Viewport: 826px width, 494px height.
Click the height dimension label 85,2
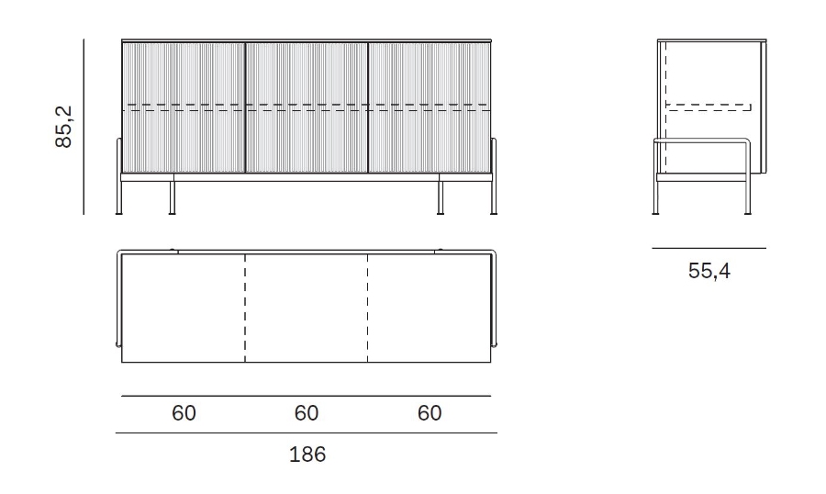[63, 127]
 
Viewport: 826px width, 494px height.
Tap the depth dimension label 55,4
[709, 271]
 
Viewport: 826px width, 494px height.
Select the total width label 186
[307, 455]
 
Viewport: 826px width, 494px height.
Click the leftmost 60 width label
[184, 413]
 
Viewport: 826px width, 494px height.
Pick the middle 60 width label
[307, 413]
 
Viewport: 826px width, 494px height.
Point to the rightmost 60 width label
[430, 413]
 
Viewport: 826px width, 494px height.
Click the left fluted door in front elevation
[184, 107]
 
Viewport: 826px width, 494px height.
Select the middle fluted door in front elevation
[307, 107]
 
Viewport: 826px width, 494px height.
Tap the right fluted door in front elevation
[430, 107]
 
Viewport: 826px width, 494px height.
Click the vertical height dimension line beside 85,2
[84, 127]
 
